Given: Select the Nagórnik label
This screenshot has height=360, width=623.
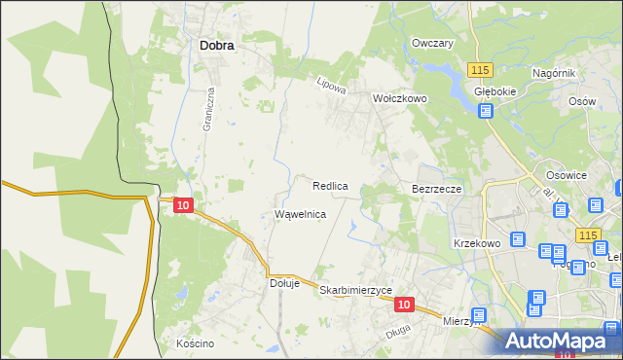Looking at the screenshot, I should pos(555,74).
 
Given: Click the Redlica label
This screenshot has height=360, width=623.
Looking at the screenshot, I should pos(331,185).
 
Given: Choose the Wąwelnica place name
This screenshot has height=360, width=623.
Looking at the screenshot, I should pos(300,214).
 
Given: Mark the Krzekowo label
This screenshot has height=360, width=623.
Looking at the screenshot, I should pos(476,243).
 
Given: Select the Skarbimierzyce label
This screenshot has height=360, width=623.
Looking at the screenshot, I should pos(355,291).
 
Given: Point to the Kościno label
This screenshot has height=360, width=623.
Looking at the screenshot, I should pos(195,343).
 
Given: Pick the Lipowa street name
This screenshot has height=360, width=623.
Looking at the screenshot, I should pos(332,86).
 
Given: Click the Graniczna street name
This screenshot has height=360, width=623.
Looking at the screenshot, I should pos(207,111).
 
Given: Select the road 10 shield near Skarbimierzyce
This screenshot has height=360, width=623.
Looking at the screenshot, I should pos(405,305).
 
